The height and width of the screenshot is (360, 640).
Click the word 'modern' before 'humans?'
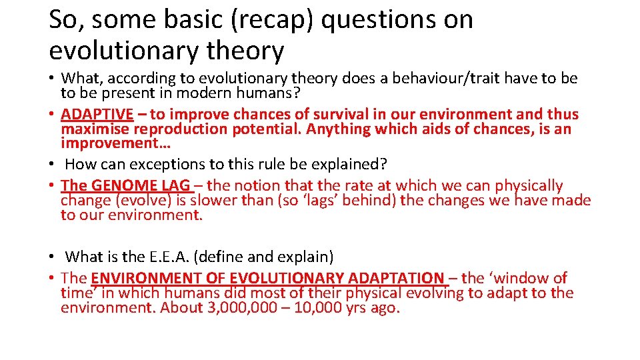tap(207, 93)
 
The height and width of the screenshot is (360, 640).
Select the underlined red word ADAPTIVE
tap(97, 114)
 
